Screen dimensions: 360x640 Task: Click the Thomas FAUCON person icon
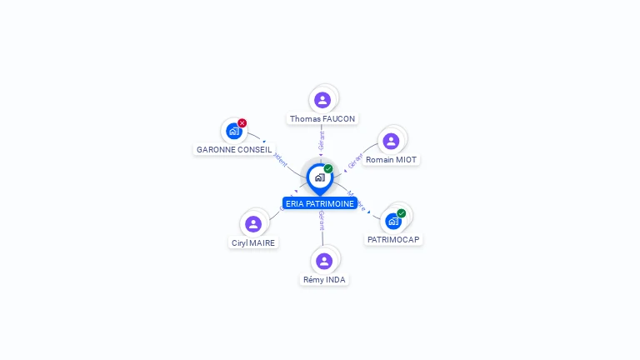click(322, 100)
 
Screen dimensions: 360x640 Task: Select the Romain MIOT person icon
click(391, 141)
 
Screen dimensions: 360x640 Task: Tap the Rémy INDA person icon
click(324, 261)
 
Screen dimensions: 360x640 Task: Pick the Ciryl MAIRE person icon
click(253, 223)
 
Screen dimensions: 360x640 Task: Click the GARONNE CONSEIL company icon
click(233, 131)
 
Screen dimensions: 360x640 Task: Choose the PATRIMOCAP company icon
click(393, 221)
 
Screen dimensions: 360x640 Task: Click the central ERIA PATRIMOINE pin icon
click(319, 177)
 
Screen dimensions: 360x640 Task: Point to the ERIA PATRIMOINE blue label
click(320, 203)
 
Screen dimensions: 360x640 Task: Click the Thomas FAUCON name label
click(322, 119)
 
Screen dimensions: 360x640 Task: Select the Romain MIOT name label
click(392, 159)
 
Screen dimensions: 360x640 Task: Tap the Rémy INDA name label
click(324, 280)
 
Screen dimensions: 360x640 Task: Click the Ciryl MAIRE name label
click(253, 243)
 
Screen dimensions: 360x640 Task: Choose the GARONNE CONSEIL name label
click(234, 150)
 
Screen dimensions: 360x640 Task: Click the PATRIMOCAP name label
click(393, 239)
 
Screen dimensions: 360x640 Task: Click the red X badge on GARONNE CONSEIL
click(242, 123)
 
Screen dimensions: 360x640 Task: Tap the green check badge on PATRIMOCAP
click(402, 213)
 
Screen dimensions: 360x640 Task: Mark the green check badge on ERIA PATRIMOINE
click(328, 169)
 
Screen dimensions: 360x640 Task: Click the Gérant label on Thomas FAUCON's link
click(322, 140)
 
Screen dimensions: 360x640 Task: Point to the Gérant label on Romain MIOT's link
click(355, 161)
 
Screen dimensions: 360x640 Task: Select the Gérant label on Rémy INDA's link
click(322, 221)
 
